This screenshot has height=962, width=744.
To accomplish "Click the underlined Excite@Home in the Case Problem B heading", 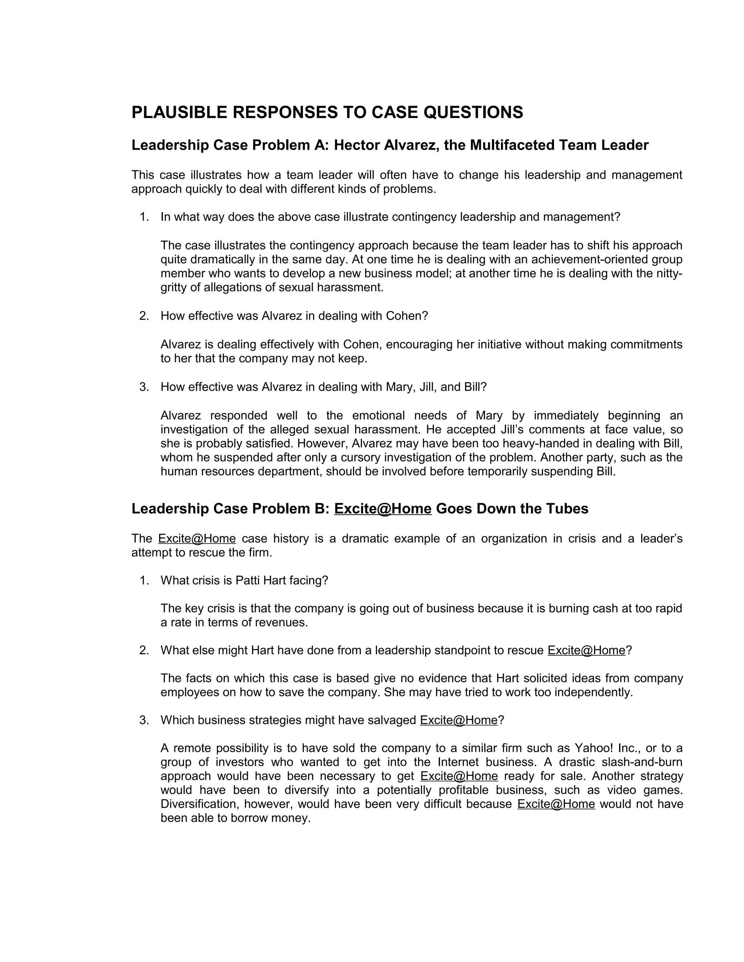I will (383, 509).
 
